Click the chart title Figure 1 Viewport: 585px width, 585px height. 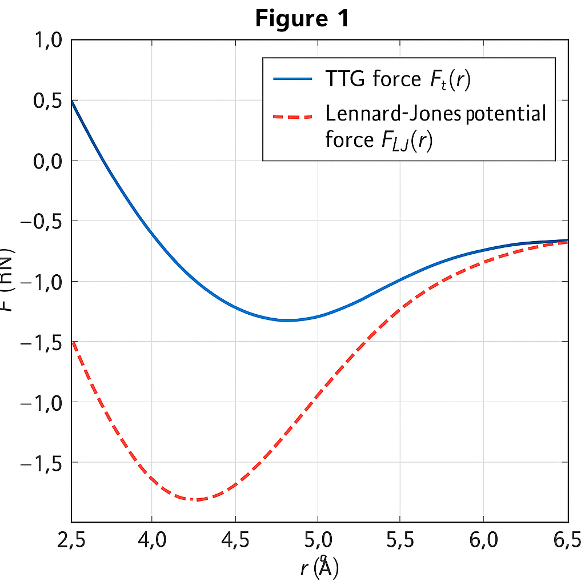tap(301, 18)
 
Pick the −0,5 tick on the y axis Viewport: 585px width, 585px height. tap(43, 221)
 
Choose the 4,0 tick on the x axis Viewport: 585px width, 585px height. tap(151, 539)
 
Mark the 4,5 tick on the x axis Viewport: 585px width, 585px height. tap(235, 539)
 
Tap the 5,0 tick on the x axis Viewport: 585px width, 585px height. tap(318, 539)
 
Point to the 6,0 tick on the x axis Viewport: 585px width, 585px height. tap(483, 539)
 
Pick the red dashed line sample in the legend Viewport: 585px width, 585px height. tap(293, 116)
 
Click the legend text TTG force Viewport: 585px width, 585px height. tap(372, 79)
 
